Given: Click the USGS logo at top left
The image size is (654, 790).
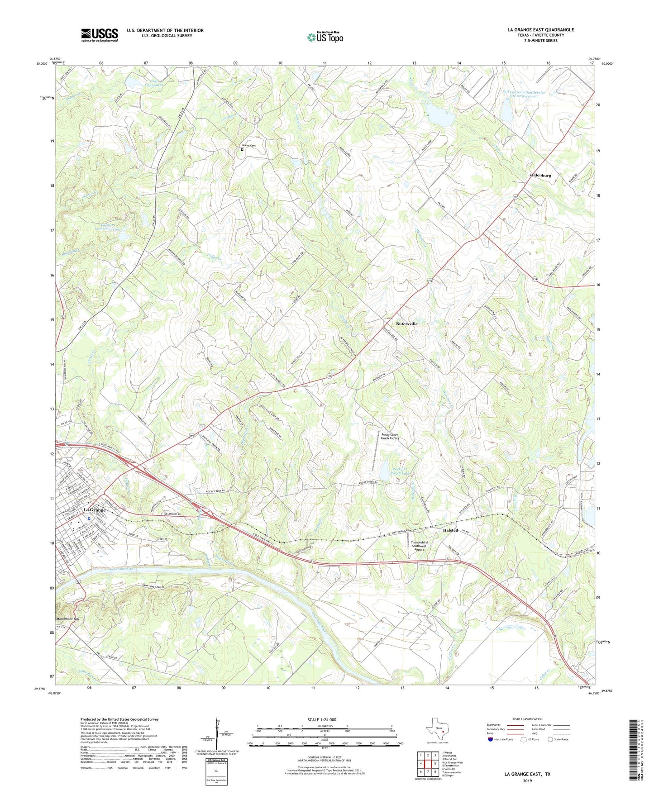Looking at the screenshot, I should point(99,35).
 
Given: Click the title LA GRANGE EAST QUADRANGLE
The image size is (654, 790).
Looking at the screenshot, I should point(540,30).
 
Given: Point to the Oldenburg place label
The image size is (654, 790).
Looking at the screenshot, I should point(540,175).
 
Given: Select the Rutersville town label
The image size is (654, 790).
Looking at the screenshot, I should point(406,324).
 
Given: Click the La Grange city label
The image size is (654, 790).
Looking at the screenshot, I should point(95,510).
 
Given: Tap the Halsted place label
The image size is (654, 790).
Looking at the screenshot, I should point(450,530).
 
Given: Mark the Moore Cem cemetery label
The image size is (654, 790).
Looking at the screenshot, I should point(248,146).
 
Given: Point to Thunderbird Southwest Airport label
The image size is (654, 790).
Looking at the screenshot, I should point(419,546).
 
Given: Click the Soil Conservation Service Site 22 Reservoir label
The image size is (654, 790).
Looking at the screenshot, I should point(524,94).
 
